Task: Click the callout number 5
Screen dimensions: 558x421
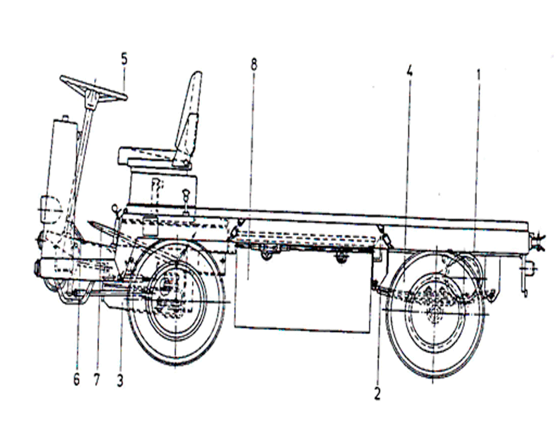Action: [x=124, y=59]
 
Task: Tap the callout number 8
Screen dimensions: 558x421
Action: [x=253, y=65]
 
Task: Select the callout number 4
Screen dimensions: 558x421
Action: [x=409, y=71]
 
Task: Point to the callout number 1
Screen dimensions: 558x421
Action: [x=479, y=74]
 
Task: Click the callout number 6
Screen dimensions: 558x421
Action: [x=77, y=379]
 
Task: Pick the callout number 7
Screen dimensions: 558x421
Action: [x=97, y=380]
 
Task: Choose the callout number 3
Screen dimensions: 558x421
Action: [x=120, y=381]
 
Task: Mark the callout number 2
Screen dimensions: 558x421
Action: [x=377, y=393]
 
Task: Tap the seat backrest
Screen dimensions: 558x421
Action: [x=189, y=117]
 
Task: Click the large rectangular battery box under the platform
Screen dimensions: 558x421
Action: [x=303, y=288]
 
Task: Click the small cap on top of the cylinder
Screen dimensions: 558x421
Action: [x=65, y=117]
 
